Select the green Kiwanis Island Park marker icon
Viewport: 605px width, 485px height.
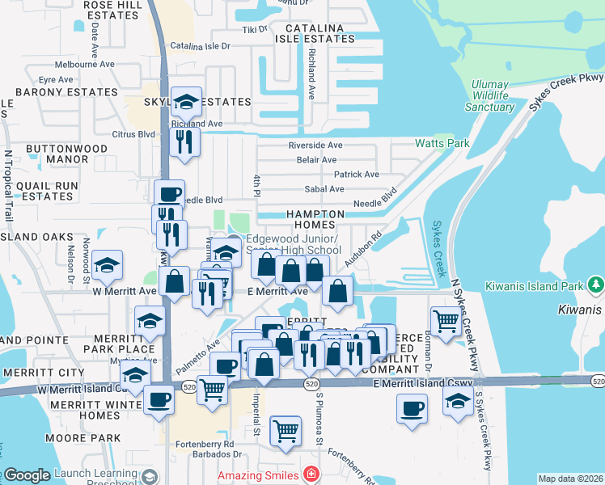click(596, 285)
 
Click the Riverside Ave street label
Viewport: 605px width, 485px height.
click(316, 145)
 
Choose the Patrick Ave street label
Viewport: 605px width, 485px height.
click(357, 175)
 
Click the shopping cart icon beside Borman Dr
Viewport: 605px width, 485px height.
click(446, 321)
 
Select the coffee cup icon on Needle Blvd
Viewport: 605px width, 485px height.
click(170, 195)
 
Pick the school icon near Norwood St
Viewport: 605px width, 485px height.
click(107, 264)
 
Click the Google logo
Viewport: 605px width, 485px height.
click(27, 475)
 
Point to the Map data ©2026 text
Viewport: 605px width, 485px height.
click(570, 479)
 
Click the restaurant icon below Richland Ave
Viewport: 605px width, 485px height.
click(186, 142)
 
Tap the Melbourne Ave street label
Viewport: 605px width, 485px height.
click(85, 65)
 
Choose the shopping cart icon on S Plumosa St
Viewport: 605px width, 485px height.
click(286, 430)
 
